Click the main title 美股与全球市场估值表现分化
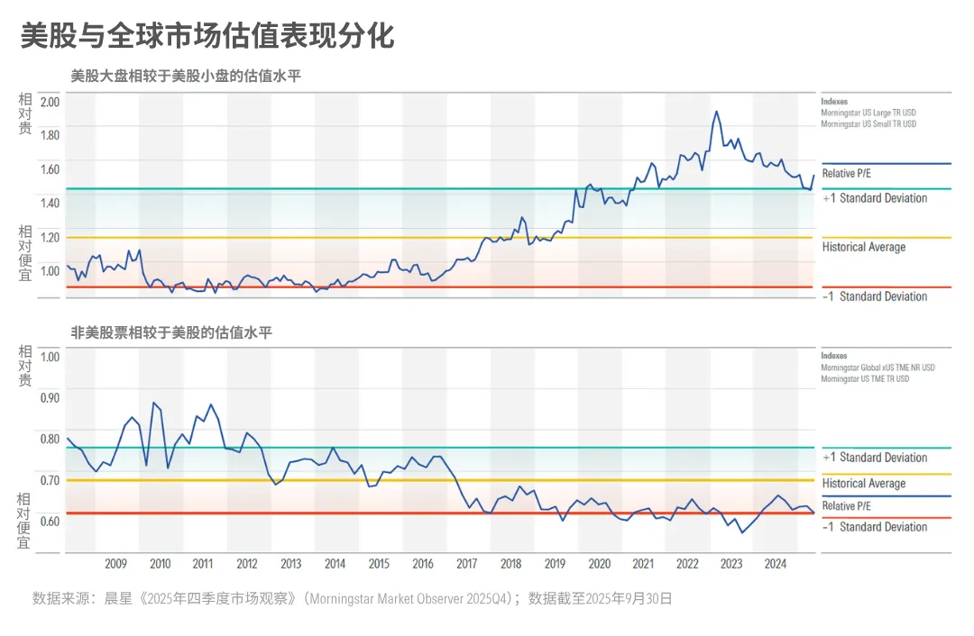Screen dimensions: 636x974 (x=207, y=36)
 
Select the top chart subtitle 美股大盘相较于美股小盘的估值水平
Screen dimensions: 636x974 (x=186, y=77)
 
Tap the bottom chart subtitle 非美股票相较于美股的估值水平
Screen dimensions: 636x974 (x=171, y=333)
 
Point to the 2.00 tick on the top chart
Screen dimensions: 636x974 (x=50, y=101)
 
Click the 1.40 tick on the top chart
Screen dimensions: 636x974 (x=50, y=203)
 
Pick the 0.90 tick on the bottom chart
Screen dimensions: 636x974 (x=50, y=397)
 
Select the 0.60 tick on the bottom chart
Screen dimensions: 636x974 (x=50, y=521)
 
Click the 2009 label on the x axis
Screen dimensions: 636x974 (x=115, y=564)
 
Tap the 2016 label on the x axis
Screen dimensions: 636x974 (x=422, y=564)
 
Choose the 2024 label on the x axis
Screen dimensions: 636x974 (x=775, y=564)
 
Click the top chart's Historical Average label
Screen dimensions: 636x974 (x=863, y=247)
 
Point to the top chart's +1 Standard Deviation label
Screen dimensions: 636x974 (x=875, y=198)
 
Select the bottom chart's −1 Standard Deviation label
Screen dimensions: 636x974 (x=875, y=527)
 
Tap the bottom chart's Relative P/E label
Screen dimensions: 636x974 (x=847, y=506)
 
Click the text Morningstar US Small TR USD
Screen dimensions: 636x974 (x=868, y=124)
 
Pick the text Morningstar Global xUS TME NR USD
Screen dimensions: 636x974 (x=878, y=368)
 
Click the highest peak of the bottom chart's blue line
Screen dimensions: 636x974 (x=153, y=403)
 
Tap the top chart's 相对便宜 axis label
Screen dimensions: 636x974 (x=25, y=253)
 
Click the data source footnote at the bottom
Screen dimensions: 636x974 (x=352, y=597)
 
